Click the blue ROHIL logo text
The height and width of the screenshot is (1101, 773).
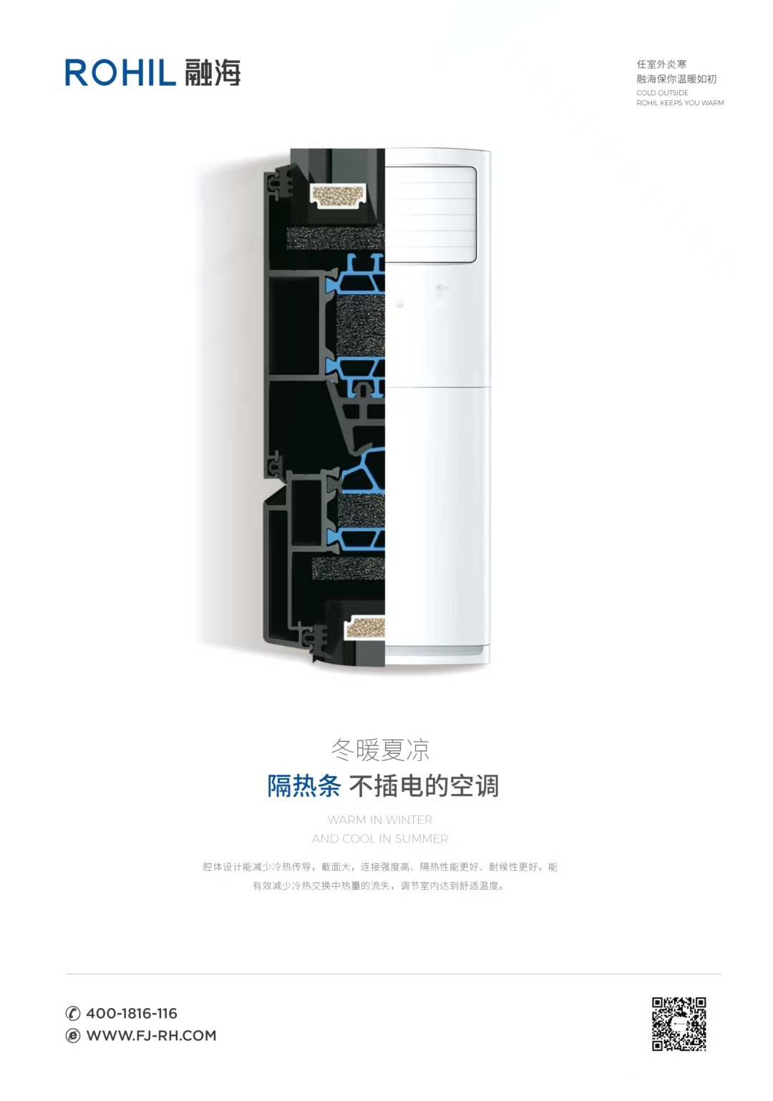pos(120,73)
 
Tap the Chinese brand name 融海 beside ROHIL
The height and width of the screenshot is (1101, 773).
pos(213,73)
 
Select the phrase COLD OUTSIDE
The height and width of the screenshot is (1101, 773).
pos(662,93)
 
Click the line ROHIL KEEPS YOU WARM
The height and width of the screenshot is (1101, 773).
pos(680,103)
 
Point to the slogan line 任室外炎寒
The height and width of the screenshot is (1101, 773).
pos(661,64)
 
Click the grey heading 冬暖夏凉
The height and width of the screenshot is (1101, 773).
pos(380,750)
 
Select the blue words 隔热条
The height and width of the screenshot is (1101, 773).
pos(303,786)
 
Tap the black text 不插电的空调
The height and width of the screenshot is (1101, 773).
pos(424,786)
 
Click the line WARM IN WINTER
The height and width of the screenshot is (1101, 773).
pos(380,820)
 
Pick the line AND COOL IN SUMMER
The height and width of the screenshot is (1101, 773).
pos(380,838)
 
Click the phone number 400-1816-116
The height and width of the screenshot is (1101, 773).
pos(132,1013)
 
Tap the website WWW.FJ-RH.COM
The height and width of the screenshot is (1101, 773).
pos(151,1035)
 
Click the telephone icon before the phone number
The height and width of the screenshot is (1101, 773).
pos(73,1013)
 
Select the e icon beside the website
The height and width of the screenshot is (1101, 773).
pos(73,1036)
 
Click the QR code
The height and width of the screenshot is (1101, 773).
pos(679,1024)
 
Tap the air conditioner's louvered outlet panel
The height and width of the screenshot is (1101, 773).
pos(430,214)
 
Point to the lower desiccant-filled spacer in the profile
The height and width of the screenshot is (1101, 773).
pos(364,628)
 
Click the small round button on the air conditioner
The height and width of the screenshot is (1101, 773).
pos(439,288)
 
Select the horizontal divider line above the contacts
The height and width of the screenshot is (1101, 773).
pos(393,973)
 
